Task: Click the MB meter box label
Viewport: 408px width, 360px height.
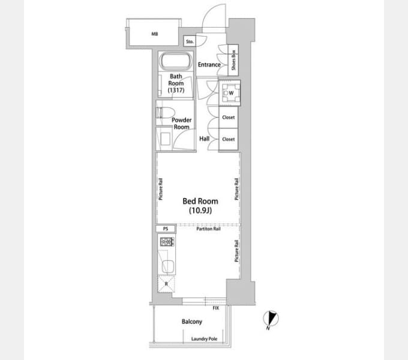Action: pos(155,34)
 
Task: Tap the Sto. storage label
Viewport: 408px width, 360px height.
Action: pos(190,41)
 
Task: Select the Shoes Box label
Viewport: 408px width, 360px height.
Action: pos(233,60)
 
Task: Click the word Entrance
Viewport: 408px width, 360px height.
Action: pos(209,65)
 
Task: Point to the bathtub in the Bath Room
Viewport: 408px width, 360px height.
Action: pos(176,61)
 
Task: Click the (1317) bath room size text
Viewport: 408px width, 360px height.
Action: pos(176,90)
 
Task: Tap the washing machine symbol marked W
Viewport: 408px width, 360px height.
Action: pos(230,93)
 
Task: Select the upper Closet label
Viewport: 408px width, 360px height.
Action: pos(229,118)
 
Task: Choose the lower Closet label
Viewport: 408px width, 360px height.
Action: pos(229,139)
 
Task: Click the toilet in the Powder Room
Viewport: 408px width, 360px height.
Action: pos(165,113)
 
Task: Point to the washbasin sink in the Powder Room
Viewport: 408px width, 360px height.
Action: pos(165,139)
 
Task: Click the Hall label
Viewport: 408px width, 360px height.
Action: pos(204,139)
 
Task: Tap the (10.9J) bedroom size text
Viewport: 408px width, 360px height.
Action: pos(200,210)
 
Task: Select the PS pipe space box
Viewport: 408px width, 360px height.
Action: pos(166,229)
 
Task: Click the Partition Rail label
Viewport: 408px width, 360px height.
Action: pos(208,229)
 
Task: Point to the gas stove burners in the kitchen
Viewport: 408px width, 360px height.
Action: pos(167,242)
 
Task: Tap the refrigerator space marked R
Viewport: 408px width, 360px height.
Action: pos(166,284)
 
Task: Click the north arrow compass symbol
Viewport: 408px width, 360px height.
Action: pos(271,319)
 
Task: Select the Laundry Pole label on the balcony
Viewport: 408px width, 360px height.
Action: pos(204,339)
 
